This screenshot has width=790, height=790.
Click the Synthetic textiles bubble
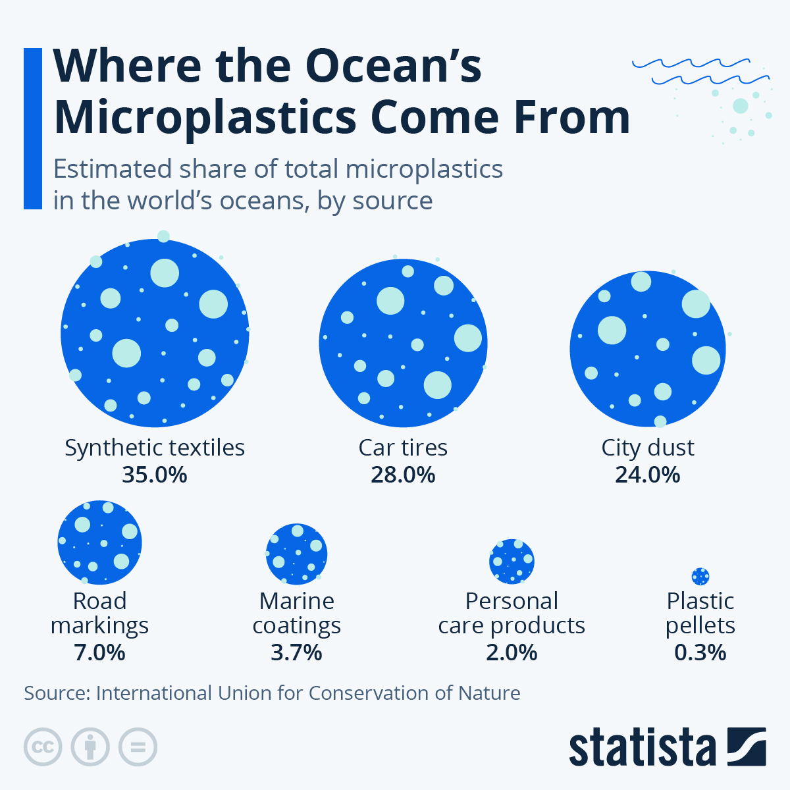pyautogui.click(x=155, y=333)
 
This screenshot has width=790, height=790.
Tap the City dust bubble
pyautogui.click(x=648, y=349)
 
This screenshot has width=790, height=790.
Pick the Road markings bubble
pyautogui.click(x=99, y=542)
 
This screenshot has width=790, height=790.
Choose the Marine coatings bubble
pyautogui.click(x=296, y=554)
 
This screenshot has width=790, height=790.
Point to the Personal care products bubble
pyautogui.click(x=512, y=562)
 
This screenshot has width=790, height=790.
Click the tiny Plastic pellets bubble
pyautogui.click(x=700, y=577)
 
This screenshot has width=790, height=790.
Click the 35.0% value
pyautogui.click(x=155, y=475)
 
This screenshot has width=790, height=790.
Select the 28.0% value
pyautogui.click(x=403, y=475)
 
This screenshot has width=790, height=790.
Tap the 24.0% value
pyautogui.click(x=648, y=475)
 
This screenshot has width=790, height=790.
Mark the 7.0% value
pyautogui.click(x=99, y=652)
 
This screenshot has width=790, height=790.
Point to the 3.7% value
pyautogui.click(x=296, y=652)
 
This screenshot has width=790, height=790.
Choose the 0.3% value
pyautogui.click(x=700, y=652)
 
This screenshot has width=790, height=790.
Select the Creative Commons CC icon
pyautogui.click(x=43, y=747)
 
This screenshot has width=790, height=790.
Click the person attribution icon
pyautogui.click(x=90, y=747)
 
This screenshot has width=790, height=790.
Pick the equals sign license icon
pyautogui.click(x=138, y=747)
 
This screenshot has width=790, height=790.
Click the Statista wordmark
pyautogui.click(x=642, y=748)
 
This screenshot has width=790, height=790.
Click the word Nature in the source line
pyautogui.click(x=488, y=693)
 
